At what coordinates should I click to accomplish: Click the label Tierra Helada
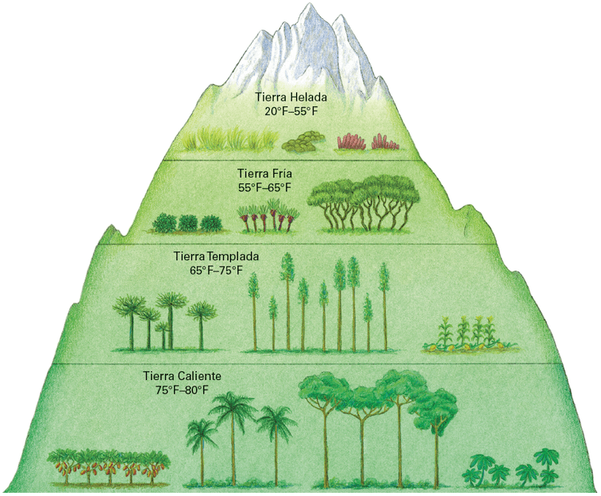coord(291,98)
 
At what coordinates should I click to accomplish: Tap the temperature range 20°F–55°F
coord(291,111)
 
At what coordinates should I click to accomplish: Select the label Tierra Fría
coord(264,174)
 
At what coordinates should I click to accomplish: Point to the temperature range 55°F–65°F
coord(264,188)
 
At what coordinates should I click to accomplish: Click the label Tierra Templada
coord(216,256)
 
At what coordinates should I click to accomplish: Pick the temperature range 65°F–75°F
coord(216,271)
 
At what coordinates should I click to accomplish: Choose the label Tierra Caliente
coord(182,375)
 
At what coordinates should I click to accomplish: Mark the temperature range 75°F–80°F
coord(182,390)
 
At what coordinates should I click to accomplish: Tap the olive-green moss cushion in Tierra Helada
coord(302,140)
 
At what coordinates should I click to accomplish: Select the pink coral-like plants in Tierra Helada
coord(368,142)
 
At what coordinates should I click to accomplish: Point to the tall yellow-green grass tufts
coord(230,139)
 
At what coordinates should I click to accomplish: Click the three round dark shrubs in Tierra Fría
coord(187,223)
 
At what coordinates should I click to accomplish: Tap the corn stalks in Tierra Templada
coord(470,333)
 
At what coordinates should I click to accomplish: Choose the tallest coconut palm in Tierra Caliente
coord(233,436)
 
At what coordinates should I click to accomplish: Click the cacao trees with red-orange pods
coord(109,466)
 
